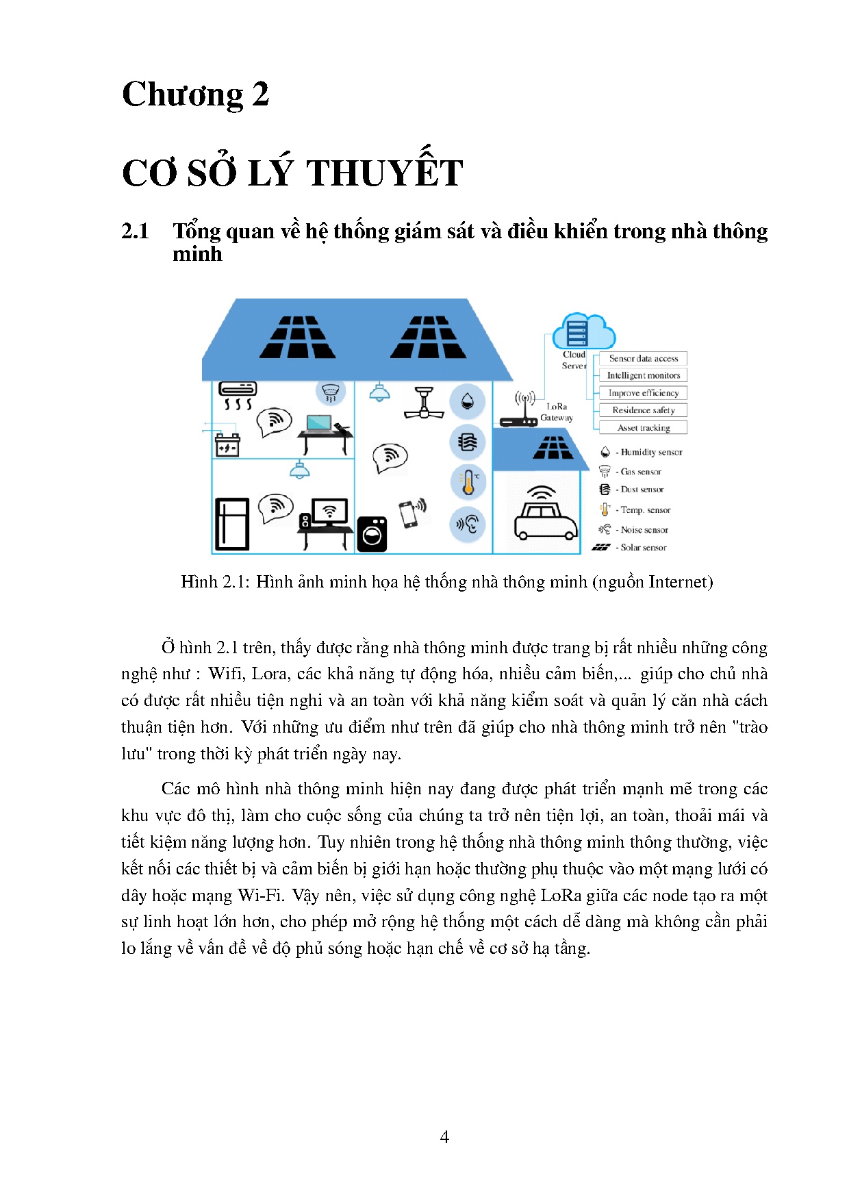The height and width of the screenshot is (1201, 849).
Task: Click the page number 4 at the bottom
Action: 444,1137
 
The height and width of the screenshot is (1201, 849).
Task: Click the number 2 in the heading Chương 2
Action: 260,94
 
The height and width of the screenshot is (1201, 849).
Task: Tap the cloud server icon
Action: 583,331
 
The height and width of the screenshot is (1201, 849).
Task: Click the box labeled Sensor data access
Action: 643,358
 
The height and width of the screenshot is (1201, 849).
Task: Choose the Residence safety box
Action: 643,410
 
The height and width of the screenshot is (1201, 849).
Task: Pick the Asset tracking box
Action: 643,428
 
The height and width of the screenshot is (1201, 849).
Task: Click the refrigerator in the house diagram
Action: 232,524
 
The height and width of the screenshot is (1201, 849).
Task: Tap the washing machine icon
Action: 372,534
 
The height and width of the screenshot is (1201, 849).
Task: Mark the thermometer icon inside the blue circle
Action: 468,482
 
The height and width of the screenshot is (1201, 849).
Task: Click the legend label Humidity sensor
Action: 651,453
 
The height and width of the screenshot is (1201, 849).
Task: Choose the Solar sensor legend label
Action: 643,548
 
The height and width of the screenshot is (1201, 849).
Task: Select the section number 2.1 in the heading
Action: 135,231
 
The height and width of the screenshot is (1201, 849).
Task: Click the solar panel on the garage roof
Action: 553,448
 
